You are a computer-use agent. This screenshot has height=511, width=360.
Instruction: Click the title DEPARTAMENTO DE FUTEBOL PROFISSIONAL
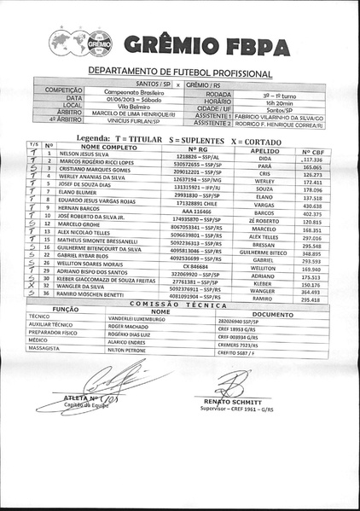click(x=180, y=74)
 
